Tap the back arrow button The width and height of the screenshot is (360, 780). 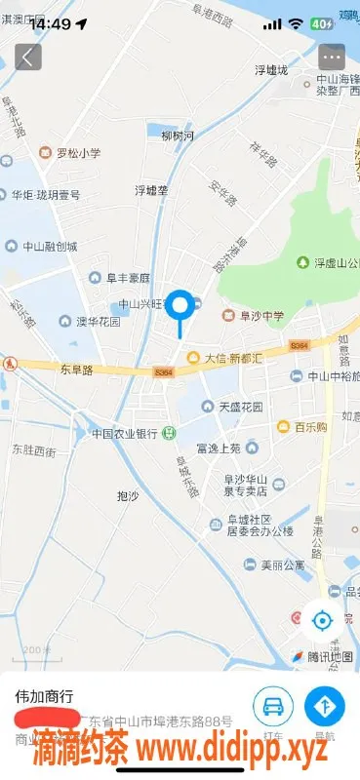pos(27,57)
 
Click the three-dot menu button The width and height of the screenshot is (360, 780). pos(332,57)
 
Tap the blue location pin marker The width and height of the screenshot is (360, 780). pos(180,306)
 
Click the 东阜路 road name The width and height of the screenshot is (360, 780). pos(75,370)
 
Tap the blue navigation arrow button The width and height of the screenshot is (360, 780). pos(324,706)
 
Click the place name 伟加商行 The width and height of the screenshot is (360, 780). pos(43,697)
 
